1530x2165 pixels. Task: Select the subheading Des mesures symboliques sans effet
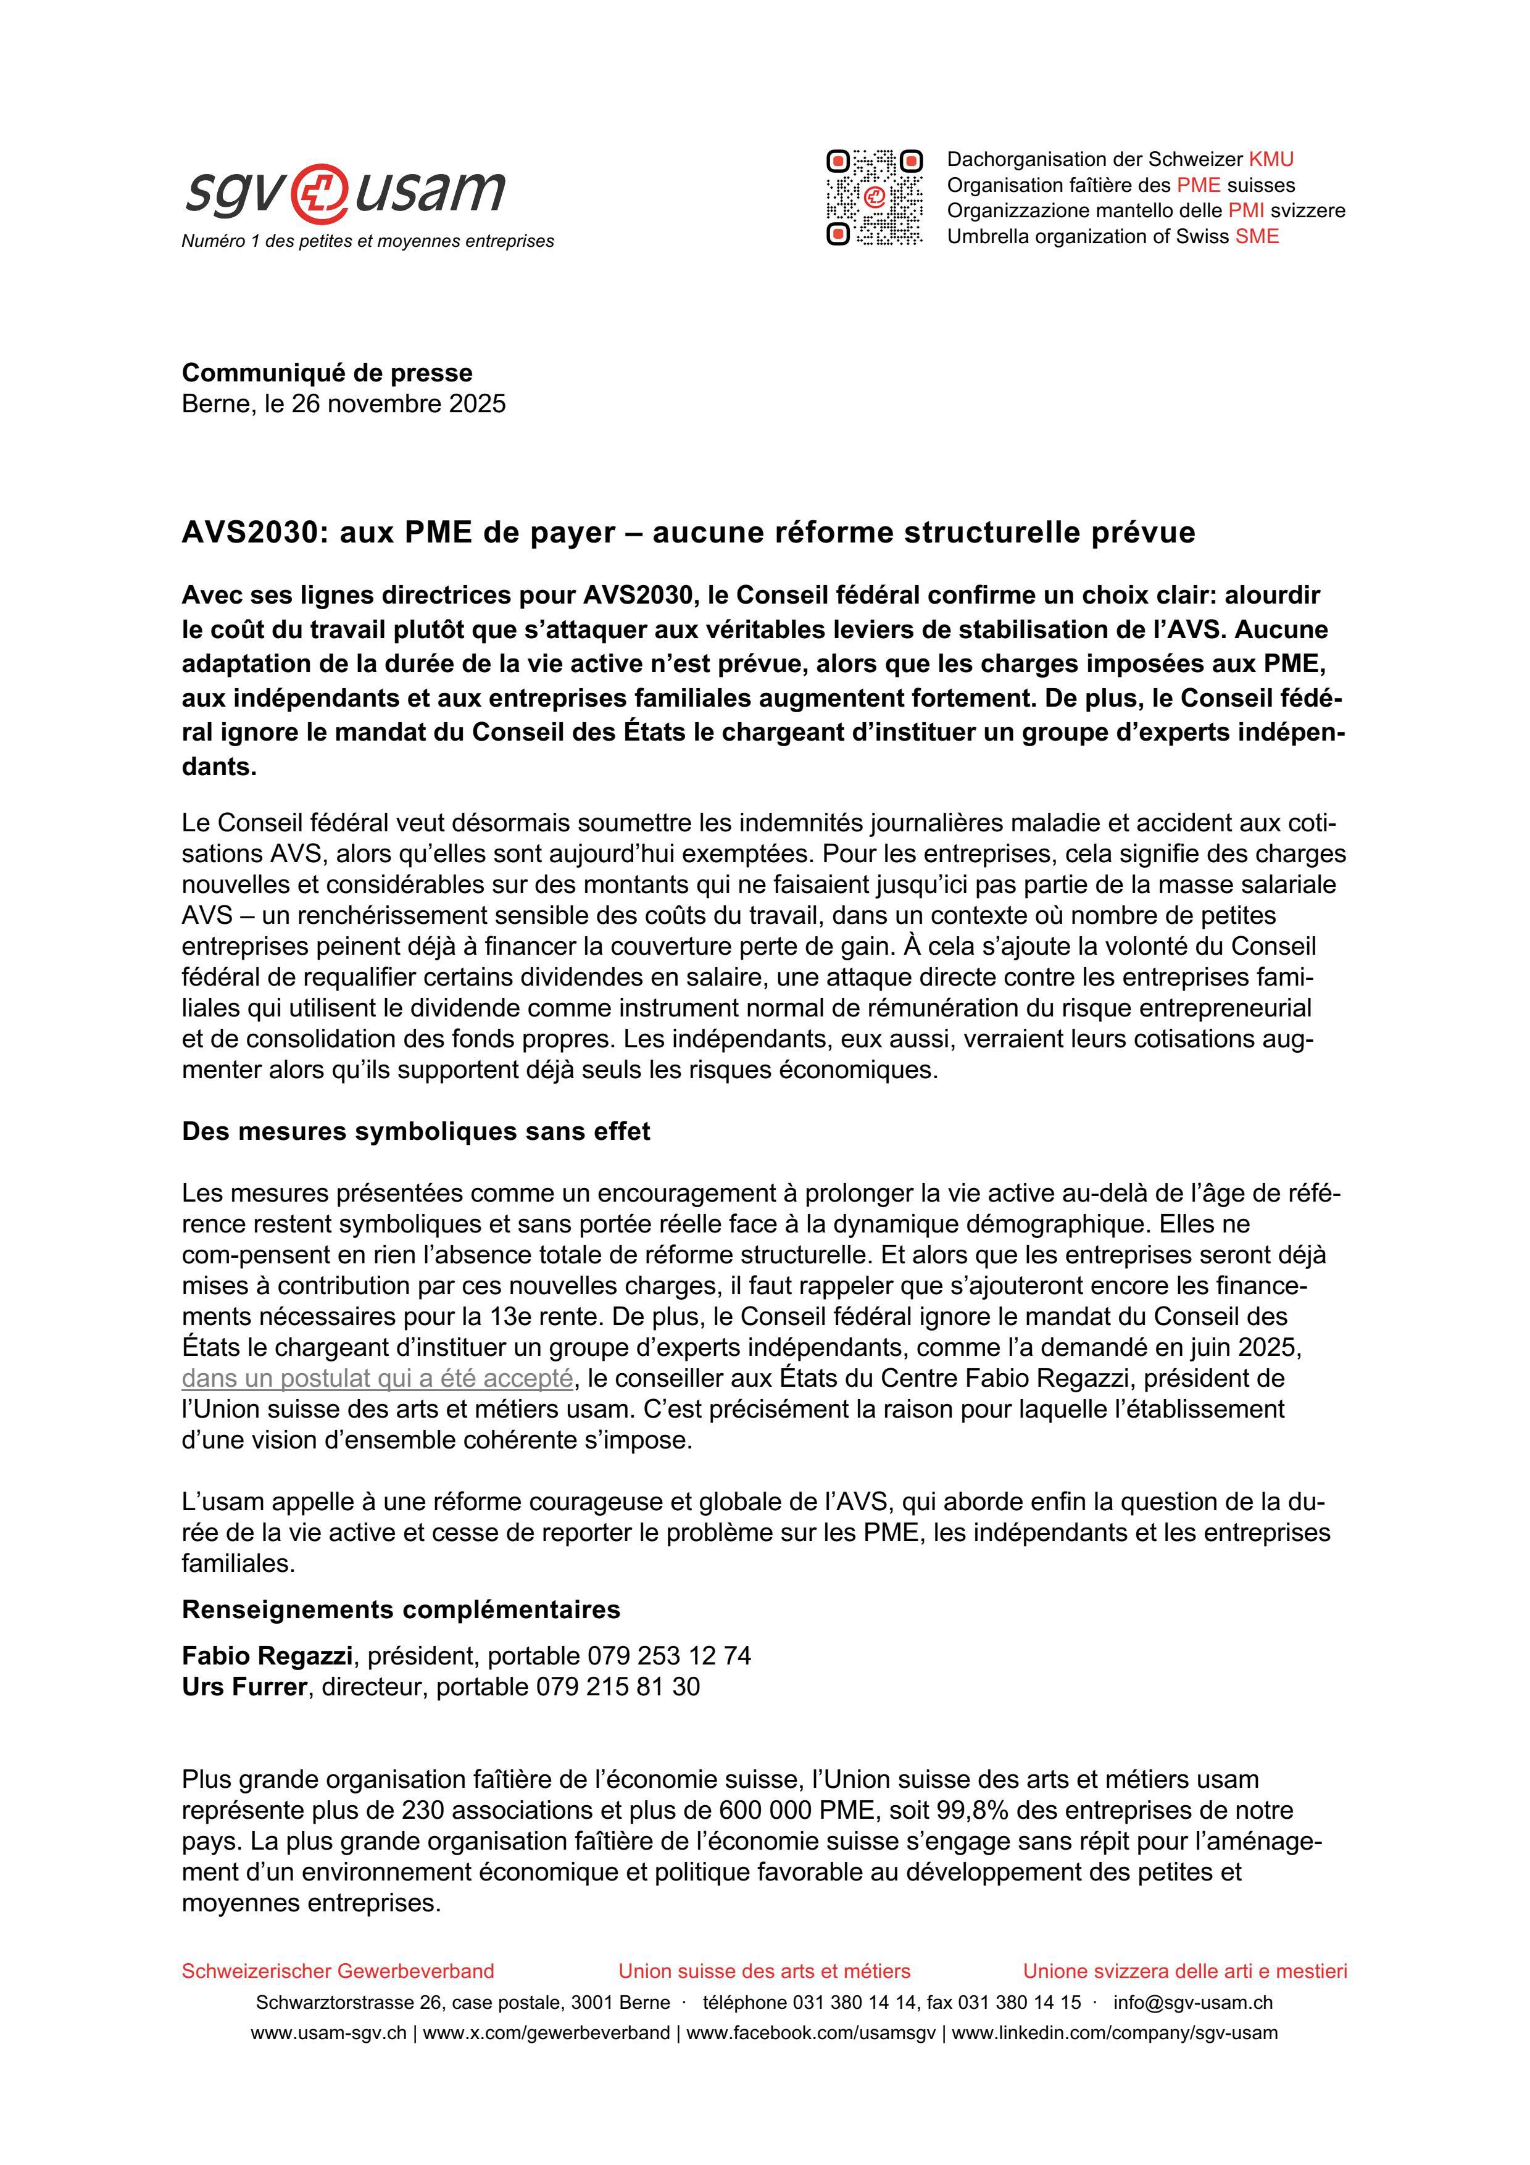[x=416, y=1131]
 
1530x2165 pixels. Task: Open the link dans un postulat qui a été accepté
[x=377, y=1379]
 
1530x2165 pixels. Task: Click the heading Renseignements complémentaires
[x=401, y=1609]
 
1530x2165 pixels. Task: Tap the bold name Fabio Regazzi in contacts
[x=267, y=1656]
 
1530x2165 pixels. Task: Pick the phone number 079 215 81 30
[x=617, y=1687]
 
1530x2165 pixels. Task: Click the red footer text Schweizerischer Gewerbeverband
[x=338, y=1971]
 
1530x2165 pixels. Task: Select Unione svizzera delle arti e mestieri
[x=1185, y=1971]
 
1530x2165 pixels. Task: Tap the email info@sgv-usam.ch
[x=1192, y=2002]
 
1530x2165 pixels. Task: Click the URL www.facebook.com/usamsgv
[x=811, y=2033]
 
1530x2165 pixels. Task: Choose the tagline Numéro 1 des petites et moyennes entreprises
[x=368, y=241]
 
